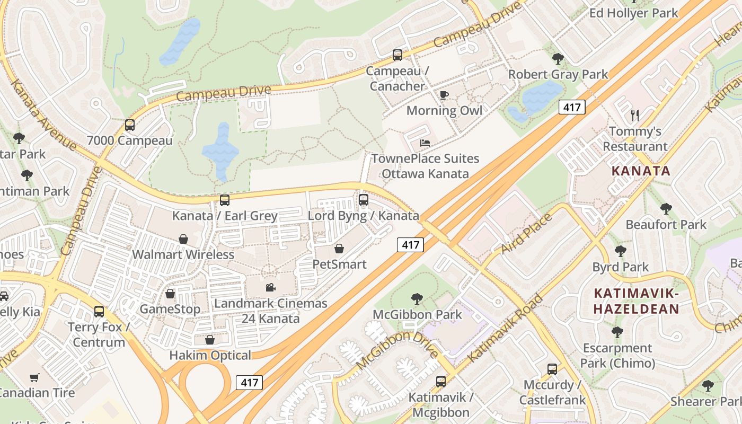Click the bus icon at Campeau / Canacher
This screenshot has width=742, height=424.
coord(397,55)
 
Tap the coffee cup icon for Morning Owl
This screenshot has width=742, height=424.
coord(444,95)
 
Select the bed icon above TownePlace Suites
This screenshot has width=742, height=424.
coord(425,143)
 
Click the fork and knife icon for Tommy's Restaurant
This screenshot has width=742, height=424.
coord(635,115)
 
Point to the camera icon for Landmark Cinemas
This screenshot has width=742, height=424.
coord(270,287)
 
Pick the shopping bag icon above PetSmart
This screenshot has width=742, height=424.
coord(339,248)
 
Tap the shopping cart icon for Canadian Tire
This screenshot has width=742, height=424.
coord(34,377)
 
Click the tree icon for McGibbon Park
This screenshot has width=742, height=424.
coord(417,299)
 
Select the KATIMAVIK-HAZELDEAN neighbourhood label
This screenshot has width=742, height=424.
coord(636,301)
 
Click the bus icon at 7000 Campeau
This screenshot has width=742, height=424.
coord(130,125)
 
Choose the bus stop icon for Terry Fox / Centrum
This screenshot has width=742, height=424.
coord(99,311)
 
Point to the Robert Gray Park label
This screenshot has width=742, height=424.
coord(558,74)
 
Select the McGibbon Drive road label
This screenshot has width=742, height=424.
coord(397,350)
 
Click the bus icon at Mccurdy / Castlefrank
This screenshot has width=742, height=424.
coord(552,369)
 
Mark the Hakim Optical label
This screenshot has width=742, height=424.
coord(210,355)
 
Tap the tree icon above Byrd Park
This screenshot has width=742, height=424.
coord(620,251)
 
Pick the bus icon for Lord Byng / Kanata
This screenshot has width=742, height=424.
coord(363,200)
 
